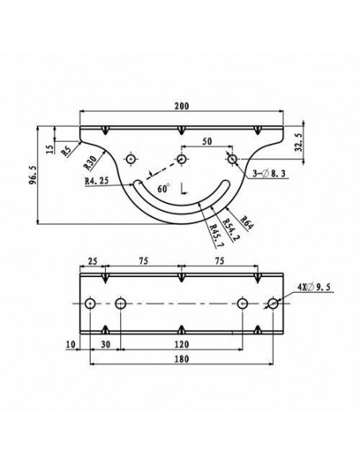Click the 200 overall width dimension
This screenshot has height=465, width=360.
(182, 106)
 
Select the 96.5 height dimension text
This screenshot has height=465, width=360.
(33, 175)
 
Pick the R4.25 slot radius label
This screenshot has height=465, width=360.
(96, 181)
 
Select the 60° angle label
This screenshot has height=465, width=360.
(164, 189)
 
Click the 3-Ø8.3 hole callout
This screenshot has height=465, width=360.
(269, 174)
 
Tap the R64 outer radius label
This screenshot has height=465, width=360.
(247, 223)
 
